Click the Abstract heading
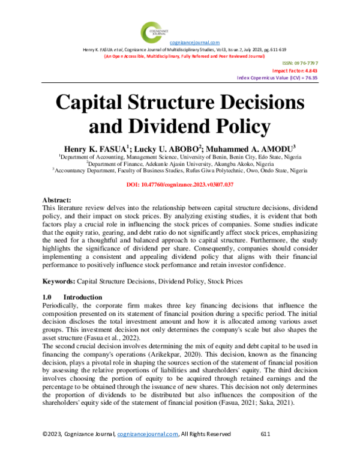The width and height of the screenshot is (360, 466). click(56, 200)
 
